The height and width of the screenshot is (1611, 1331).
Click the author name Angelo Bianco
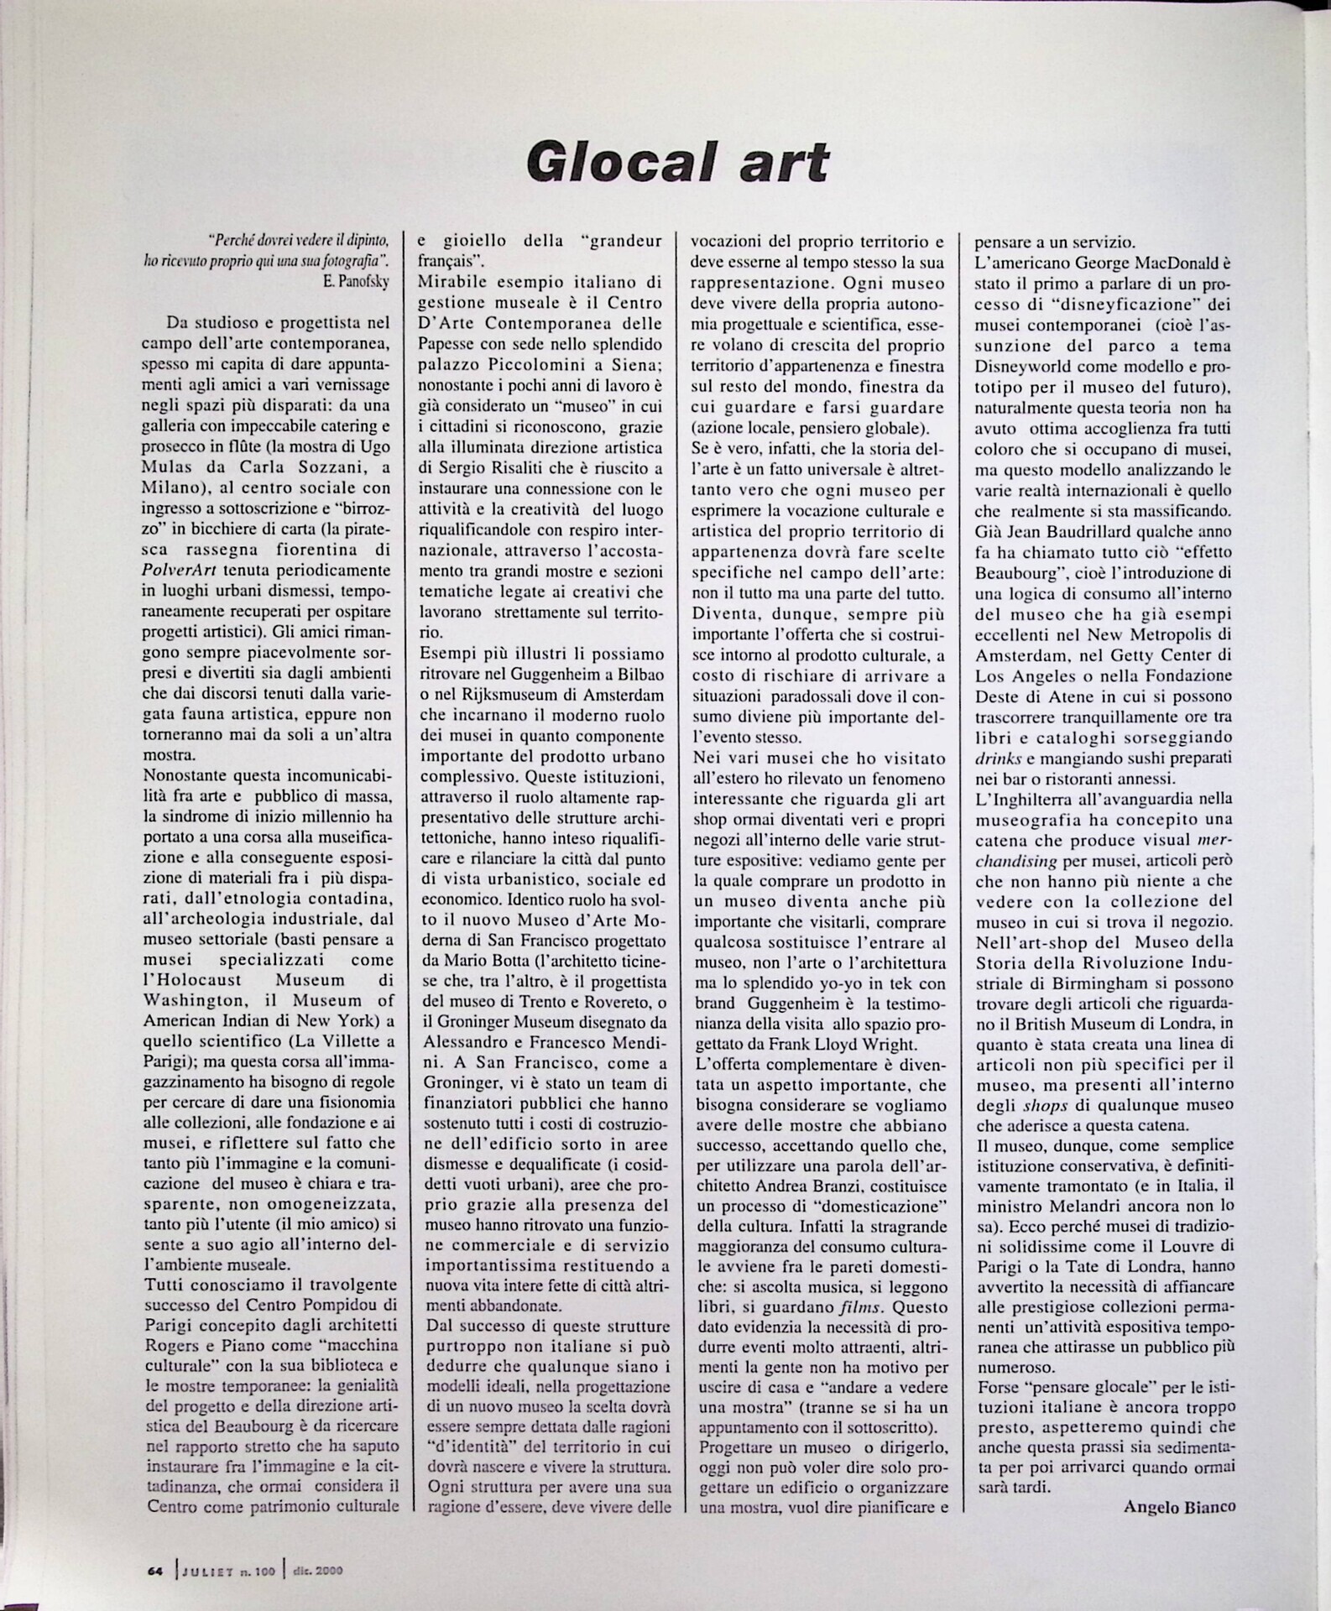tap(1179, 1506)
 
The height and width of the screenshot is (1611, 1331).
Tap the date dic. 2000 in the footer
tap(317, 1571)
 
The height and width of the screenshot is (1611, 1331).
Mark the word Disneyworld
tap(1026, 367)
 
